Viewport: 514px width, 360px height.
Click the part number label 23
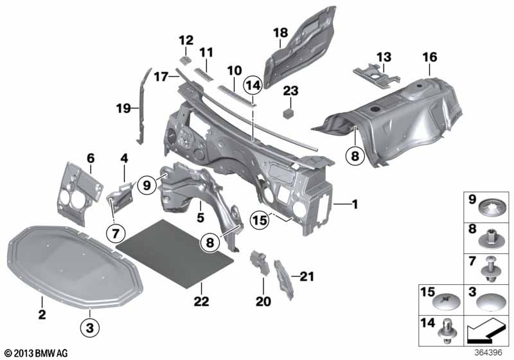(291, 91)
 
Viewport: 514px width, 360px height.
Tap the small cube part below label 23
(290, 113)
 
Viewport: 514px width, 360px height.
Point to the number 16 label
(429, 58)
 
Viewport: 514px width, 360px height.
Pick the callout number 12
(185, 39)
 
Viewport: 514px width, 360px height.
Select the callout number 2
(41, 315)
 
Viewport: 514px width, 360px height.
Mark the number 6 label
(91, 157)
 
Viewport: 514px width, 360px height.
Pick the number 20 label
(264, 300)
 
